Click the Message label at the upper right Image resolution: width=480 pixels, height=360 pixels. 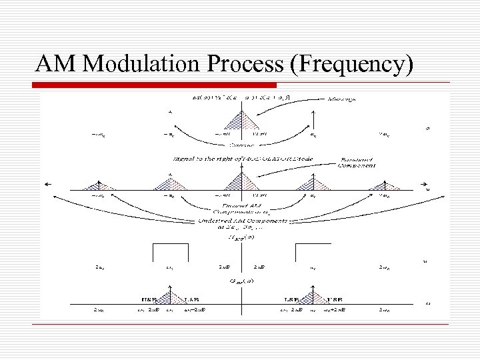(342, 99)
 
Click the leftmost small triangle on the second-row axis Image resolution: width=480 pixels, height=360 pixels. (98, 187)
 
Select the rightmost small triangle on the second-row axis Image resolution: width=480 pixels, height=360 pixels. (380, 187)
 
